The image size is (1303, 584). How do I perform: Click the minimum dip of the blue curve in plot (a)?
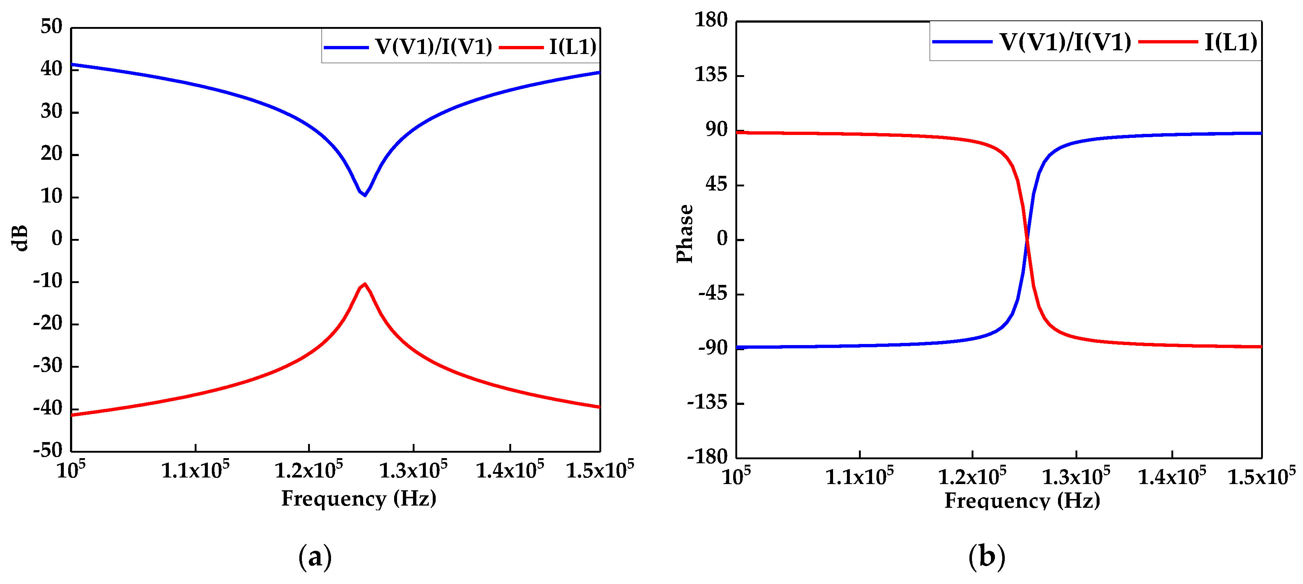tap(365, 195)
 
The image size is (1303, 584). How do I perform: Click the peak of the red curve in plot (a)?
tap(365, 284)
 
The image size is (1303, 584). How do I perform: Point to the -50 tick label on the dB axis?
tap(48, 450)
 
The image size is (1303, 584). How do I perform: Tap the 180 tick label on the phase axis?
tap(711, 20)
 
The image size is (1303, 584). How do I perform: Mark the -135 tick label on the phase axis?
tap(707, 402)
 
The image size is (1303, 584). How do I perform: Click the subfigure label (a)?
tap(315, 557)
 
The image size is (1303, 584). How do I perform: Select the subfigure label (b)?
tap(986, 557)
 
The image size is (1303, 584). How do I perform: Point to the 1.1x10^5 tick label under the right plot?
tap(859, 476)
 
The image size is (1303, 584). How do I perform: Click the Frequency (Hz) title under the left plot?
tap(359, 499)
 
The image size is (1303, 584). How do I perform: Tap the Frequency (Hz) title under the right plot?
tap(1022, 501)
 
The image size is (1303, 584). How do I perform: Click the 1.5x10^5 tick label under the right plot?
tap(1261, 476)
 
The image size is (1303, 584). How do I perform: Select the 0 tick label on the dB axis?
tap(57, 238)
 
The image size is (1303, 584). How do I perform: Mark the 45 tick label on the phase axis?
tap(717, 184)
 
